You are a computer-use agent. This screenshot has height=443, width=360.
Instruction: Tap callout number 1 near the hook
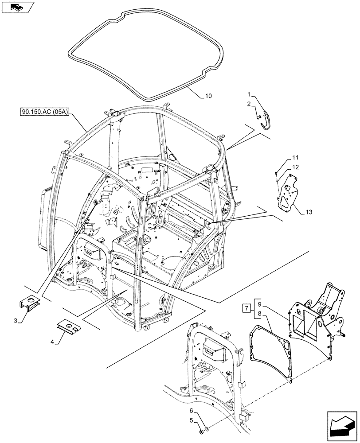pyautogui.click(x=249, y=94)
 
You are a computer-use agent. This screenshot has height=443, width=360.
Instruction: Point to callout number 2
pyautogui.click(x=249, y=104)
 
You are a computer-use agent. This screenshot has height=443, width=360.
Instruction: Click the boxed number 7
pyautogui.click(x=247, y=308)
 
